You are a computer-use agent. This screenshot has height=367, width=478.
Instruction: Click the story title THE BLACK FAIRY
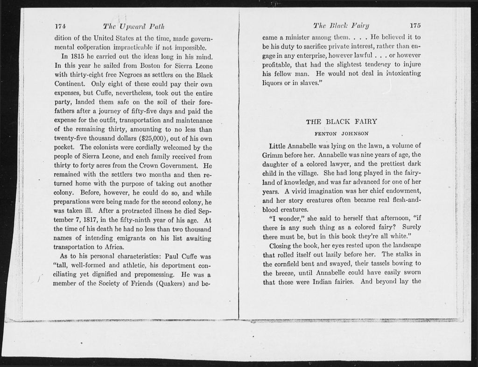coord(341,122)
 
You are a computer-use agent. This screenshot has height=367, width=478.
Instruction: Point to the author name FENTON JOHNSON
coord(341,133)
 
